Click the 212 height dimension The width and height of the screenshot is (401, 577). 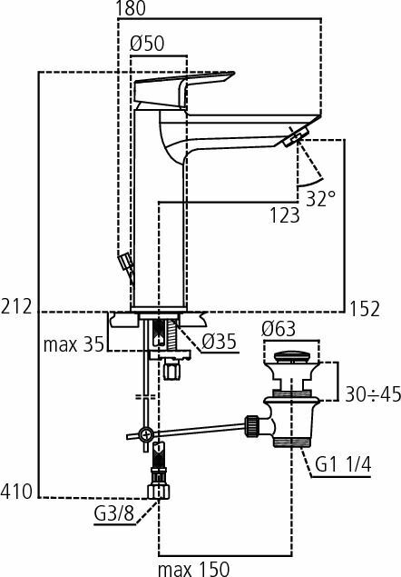click(x=16, y=307)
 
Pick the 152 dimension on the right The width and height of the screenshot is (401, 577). click(x=366, y=308)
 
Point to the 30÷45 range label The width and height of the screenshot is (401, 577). click(x=371, y=395)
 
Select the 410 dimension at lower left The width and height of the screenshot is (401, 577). click(x=16, y=492)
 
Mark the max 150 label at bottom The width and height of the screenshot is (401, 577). click(x=194, y=567)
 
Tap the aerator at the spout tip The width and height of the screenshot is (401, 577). click(x=295, y=137)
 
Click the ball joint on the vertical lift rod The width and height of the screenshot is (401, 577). click(x=144, y=436)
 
